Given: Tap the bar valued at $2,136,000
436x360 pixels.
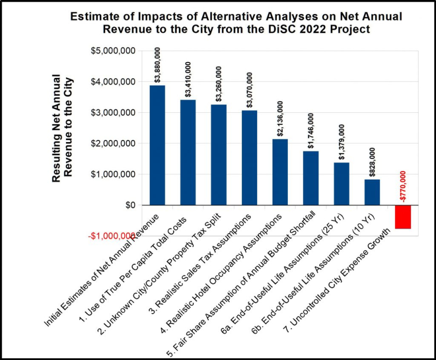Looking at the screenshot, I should pyautogui.click(x=280, y=172).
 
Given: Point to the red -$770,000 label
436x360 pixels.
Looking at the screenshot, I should pyautogui.click(x=403, y=186).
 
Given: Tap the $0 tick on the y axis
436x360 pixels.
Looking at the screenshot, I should pyautogui.click(x=129, y=205).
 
